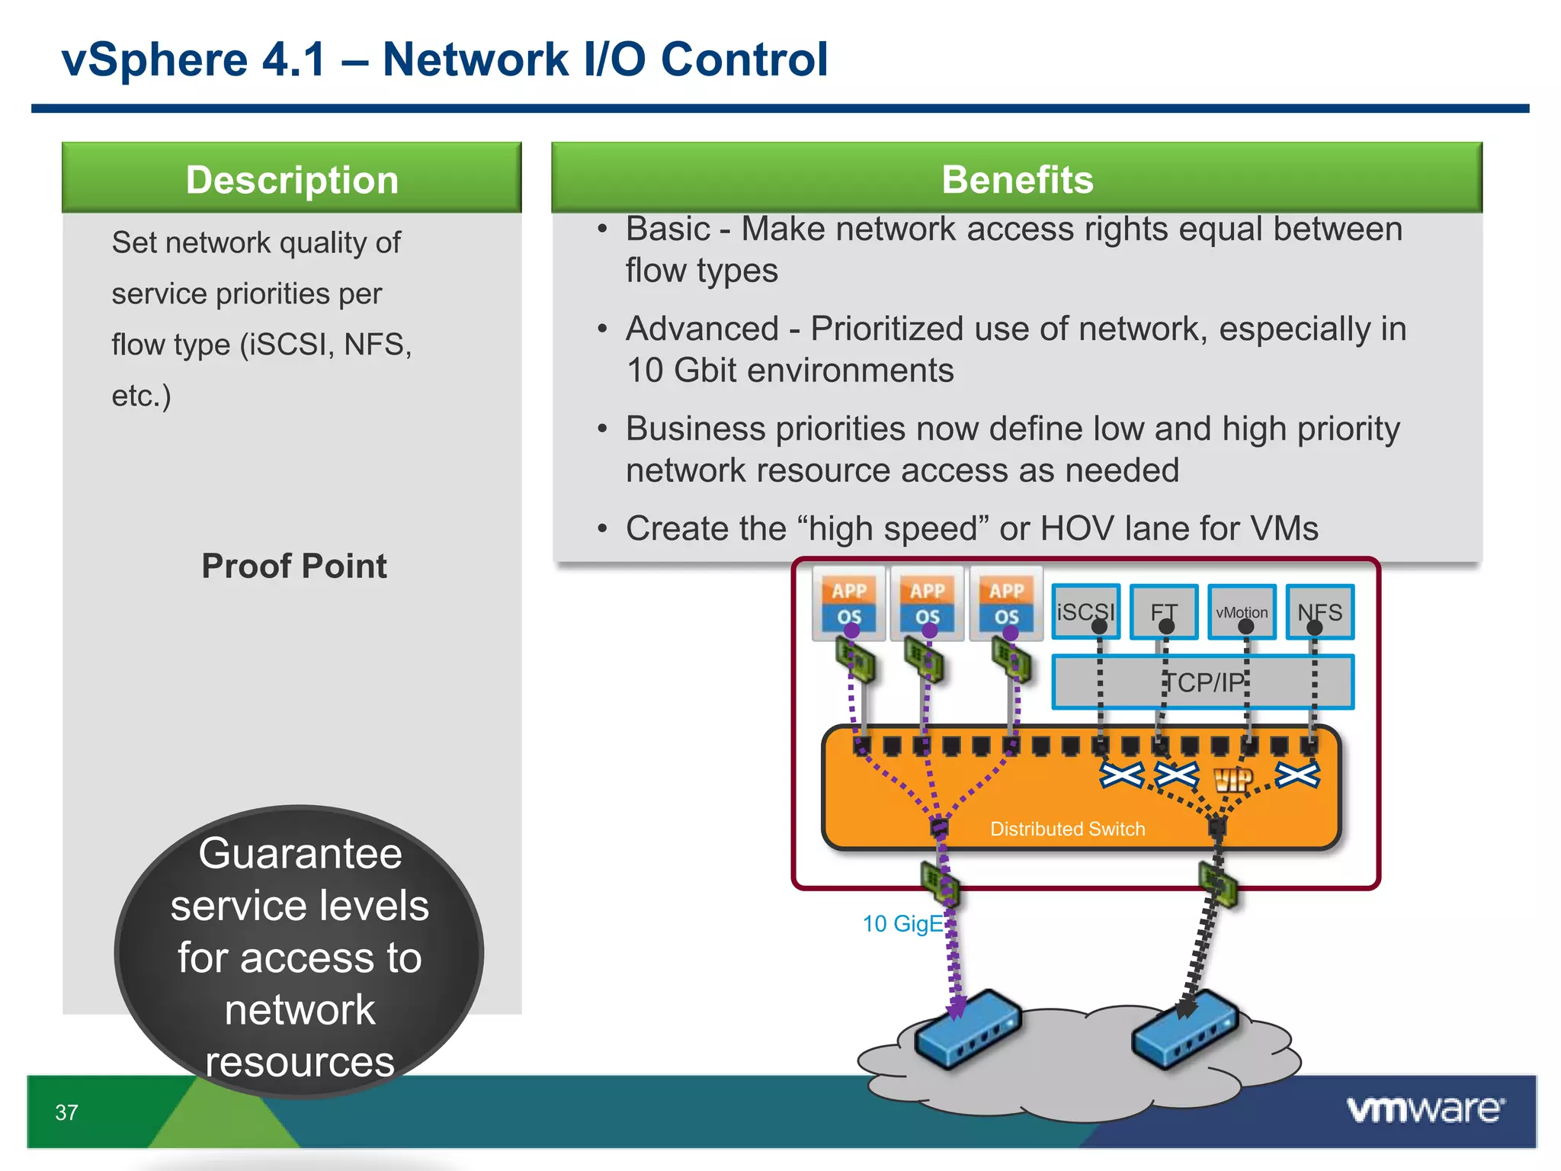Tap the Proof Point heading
pos(294,566)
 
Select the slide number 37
pos(66,1112)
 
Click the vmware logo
pos(1425,1109)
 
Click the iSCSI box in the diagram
pos(1085,611)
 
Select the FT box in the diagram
pos(1164,611)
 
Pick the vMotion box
pos(1242,611)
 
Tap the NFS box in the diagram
pos(1320,611)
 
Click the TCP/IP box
pos(1203,682)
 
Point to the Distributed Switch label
pos(1067,829)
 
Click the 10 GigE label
pos(902,923)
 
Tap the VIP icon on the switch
pos(1233,778)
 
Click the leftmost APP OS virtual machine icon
pos(849,603)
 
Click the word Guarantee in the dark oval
pos(300,853)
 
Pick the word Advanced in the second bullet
pos(702,329)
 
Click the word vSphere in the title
pos(155,59)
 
